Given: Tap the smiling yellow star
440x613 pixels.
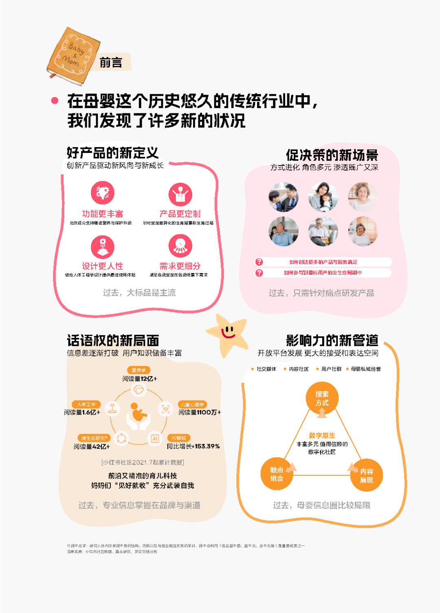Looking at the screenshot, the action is (228, 333).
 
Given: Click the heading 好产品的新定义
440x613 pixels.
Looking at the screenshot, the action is (112, 153).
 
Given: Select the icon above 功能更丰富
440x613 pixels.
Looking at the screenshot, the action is (103, 193).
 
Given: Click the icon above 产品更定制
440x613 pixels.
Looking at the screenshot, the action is (180, 194).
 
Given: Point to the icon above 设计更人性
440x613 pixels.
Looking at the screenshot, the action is (103, 247).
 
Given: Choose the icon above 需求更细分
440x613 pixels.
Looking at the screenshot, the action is (180, 246).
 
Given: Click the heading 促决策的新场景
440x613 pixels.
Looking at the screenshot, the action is (332, 155).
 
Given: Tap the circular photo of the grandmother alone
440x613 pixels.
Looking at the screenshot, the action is (363, 197).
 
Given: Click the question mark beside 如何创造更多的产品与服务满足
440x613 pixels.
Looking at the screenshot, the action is (259, 262).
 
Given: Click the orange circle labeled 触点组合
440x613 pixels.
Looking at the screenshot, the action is (277, 474).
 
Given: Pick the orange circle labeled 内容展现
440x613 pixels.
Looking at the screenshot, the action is (366, 476).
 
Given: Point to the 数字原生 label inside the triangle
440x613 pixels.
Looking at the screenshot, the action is (322, 435).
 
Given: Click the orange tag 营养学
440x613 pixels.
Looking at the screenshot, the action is (139, 370).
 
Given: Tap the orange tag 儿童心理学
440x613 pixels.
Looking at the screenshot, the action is (192, 404).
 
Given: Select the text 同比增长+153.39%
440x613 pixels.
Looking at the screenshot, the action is (193, 446).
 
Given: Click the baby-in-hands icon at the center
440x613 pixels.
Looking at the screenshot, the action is (139, 416).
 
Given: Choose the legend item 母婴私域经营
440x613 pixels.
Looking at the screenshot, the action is (365, 369).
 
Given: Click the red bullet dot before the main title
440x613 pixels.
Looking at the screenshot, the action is (55, 101).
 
